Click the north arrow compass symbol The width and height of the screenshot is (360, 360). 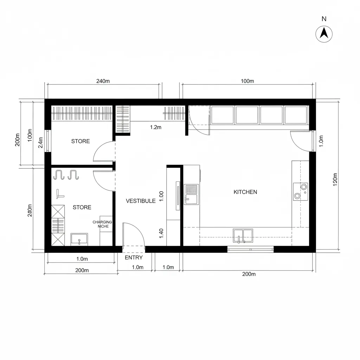click(324, 34)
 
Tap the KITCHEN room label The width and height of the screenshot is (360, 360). click(245, 192)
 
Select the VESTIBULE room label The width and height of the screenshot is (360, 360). click(141, 201)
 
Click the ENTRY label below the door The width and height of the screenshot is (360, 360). click(134, 258)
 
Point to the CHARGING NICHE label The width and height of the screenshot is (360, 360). click(102, 224)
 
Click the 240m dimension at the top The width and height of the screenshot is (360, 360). click(103, 81)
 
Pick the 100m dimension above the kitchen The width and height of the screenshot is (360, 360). click(247, 81)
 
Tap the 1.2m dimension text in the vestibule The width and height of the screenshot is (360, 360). click(155, 127)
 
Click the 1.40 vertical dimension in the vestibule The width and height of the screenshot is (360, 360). click(161, 233)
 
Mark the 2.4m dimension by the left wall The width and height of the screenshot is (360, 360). click(41, 143)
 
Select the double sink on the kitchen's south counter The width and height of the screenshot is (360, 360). click(243, 236)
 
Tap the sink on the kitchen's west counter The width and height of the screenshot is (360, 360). click(192, 194)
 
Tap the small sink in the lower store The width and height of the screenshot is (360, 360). click(79, 239)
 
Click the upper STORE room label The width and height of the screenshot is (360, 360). click(81, 141)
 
